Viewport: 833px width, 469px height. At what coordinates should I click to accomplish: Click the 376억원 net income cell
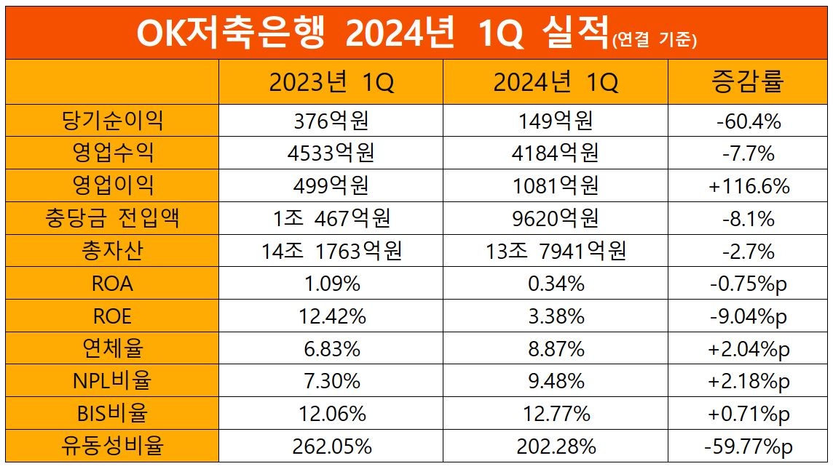331,121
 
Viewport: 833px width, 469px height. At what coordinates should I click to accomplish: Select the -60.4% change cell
749,121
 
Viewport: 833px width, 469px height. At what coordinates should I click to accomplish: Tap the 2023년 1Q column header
331,82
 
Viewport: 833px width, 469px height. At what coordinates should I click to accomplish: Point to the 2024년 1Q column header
556,82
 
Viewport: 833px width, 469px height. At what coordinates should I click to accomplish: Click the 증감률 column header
749,82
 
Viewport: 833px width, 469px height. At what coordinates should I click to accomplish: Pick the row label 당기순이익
112,121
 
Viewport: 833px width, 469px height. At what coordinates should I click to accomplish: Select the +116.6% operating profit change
749,186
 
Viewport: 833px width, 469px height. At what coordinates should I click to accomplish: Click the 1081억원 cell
556,186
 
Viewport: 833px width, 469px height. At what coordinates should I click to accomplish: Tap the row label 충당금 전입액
112,219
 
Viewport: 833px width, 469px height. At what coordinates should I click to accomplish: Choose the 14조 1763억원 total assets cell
331,252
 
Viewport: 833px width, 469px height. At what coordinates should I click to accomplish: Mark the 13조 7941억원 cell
556,252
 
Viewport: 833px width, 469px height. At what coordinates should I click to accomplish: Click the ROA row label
112,284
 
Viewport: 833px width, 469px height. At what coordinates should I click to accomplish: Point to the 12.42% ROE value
331,316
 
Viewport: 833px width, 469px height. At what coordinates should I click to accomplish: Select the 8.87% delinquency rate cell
556,349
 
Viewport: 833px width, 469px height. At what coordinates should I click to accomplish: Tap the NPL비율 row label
112,381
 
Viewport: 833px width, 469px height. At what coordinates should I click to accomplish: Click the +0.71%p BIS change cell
749,414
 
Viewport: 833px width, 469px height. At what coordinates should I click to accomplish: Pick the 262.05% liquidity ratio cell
331,446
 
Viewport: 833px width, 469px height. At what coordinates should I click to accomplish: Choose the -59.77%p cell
749,446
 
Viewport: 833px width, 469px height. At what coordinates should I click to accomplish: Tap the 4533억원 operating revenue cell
331,153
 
